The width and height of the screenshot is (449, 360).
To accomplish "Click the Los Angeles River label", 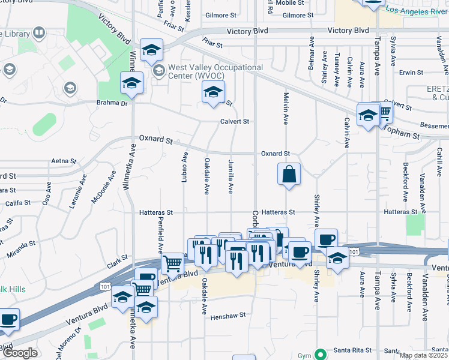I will tap(415, 11).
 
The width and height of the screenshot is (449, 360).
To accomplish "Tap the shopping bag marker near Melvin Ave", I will tap(289, 175).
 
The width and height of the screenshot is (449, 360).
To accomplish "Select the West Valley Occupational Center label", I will tap(215, 72).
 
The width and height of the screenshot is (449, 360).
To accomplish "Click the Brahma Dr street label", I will tap(112, 103).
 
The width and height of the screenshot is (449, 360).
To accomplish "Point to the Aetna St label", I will tap(64, 161).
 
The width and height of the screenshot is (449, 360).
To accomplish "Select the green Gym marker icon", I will tap(322, 355).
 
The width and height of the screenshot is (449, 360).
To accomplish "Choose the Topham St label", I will tap(402, 131).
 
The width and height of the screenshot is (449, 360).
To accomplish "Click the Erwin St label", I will tap(411, 73).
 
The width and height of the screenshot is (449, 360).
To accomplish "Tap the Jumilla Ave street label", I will tap(230, 176).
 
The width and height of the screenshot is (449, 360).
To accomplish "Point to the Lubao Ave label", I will tap(185, 165).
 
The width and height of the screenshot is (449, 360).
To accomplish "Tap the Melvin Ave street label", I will tap(286, 109).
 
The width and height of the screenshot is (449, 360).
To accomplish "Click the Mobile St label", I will tap(290, 3).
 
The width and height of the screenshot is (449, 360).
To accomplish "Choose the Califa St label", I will tap(17, 203).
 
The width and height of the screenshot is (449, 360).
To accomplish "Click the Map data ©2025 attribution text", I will tap(424, 355).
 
